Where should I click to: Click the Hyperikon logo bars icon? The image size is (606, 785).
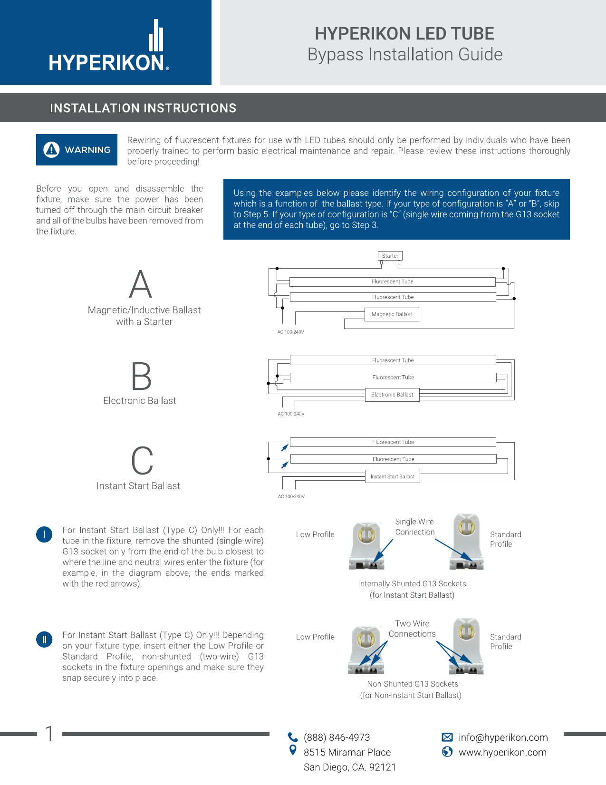(x=156, y=36)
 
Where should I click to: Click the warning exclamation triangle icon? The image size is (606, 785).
(x=51, y=150)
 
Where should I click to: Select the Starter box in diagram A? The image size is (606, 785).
(x=390, y=256)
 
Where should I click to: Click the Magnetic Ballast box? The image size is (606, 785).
(x=392, y=314)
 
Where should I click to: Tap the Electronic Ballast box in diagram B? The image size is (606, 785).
(x=392, y=395)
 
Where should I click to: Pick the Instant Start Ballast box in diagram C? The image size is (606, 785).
(x=393, y=476)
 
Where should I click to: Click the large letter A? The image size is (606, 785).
(x=141, y=284)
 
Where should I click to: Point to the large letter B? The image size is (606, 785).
(x=141, y=376)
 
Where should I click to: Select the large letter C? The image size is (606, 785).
(x=142, y=461)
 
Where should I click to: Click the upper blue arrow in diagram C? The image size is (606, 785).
(x=285, y=447)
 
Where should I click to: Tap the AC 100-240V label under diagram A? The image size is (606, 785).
(x=290, y=332)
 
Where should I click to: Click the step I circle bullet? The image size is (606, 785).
(x=44, y=534)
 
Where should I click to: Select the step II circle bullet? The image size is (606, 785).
(x=44, y=640)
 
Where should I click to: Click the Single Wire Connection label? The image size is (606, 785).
(x=414, y=527)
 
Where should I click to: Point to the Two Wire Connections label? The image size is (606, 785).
(x=412, y=629)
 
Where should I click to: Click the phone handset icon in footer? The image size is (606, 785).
(x=293, y=737)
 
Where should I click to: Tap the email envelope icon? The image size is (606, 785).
(x=447, y=737)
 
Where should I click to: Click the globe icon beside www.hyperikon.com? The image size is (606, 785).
(x=447, y=752)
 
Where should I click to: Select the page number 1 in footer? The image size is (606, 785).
(x=49, y=733)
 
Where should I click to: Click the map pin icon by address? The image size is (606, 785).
(x=293, y=750)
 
